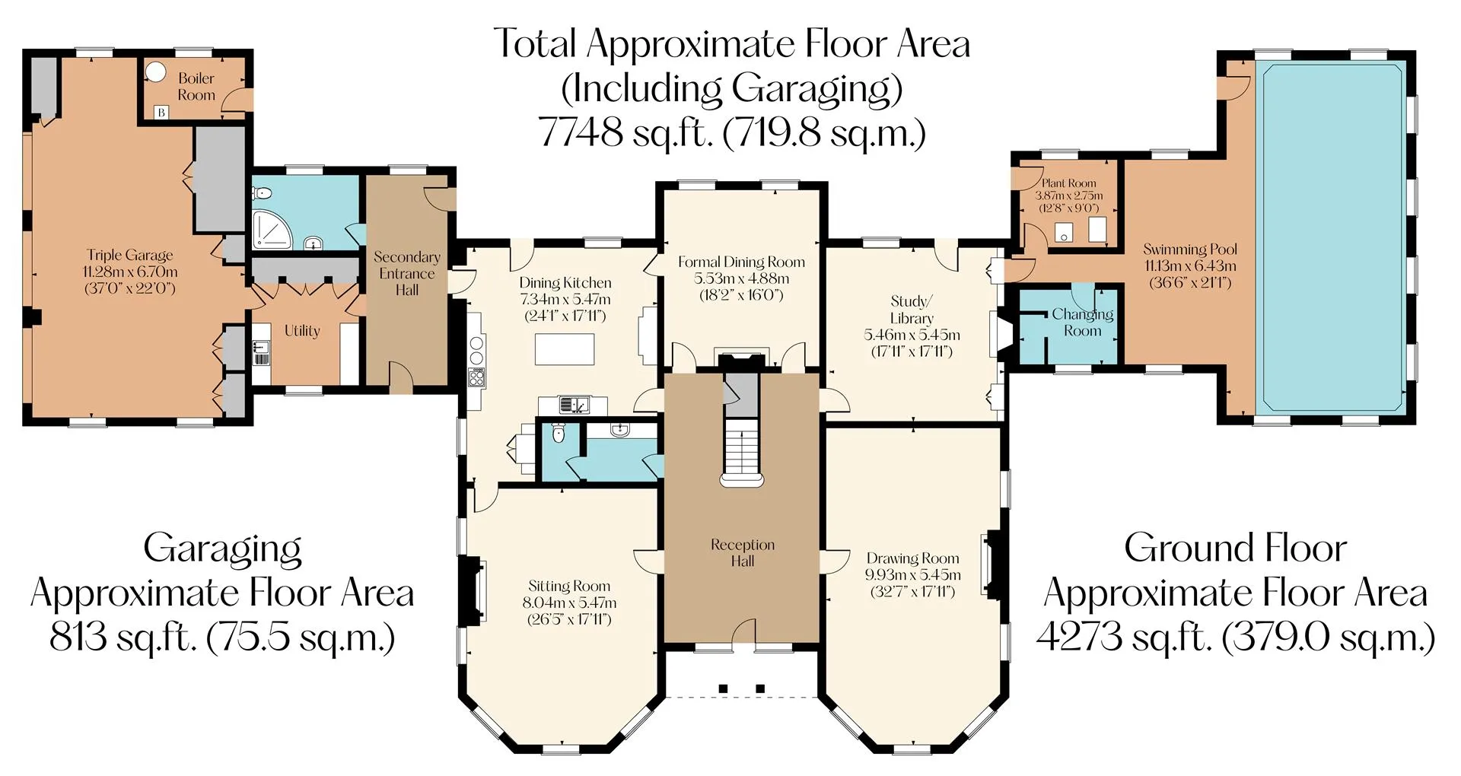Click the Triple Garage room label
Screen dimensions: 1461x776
pyautogui.click(x=129, y=256)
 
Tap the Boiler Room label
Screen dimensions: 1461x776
pyautogui.click(x=196, y=87)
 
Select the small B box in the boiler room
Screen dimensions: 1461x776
pyautogui.click(x=161, y=113)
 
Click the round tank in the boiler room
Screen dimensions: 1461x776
pyautogui.click(x=156, y=72)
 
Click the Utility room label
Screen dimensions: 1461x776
pyautogui.click(x=302, y=331)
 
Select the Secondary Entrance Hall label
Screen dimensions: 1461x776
pyautogui.click(x=407, y=273)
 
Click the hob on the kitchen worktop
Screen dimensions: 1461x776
pyautogui.click(x=477, y=377)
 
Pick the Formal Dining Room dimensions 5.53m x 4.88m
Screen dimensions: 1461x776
pyautogui.click(x=742, y=278)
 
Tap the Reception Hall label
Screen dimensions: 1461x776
pyautogui.click(x=743, y=553)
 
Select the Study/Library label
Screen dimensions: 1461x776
pyautogui.click(x=912, y=310)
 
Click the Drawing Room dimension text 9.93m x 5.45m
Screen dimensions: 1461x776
pyautogui.click(x=912, y=575)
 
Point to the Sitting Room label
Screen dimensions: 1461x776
pyautogui.click(x=569, y=587)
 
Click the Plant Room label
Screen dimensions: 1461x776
pyautogui.click(x=1068, y=183)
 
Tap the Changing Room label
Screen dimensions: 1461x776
pyautogui.click(x=1082, y=323)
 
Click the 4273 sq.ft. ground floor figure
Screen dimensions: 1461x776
pyautogui.click(x=1124, y=638)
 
